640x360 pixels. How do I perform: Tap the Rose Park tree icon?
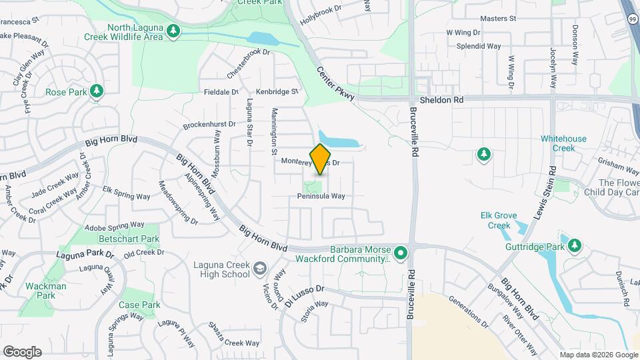(97, 90)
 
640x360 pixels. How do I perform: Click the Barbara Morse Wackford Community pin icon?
(400, 253)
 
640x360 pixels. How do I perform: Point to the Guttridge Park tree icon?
(574, 246)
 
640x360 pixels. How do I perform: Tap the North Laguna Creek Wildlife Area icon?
(173, 31)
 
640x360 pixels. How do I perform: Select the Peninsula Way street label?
(321, 196)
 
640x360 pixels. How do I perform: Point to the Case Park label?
(140, 305)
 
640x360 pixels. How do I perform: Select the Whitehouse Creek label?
(563, 143)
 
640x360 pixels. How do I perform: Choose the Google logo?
(22, 352)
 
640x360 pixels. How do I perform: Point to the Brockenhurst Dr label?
(209, 125)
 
